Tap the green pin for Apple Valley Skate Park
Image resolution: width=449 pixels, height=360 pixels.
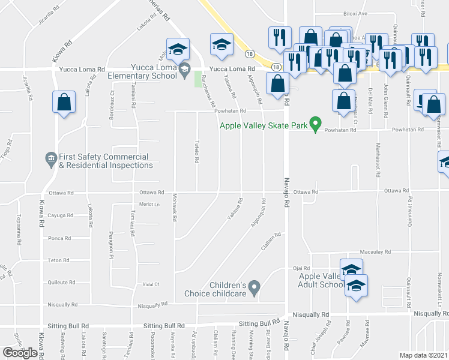[x=313, y=126]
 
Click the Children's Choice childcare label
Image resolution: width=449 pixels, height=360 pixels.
[x=228, y=289]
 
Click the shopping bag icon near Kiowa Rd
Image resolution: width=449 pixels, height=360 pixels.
[x=64, y=103]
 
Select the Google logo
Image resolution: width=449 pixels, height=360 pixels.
[x=20, y=352]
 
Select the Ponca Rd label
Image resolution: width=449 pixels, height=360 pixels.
[x=59, y=238]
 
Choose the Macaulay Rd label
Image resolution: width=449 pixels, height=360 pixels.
[x=375, y=252]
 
